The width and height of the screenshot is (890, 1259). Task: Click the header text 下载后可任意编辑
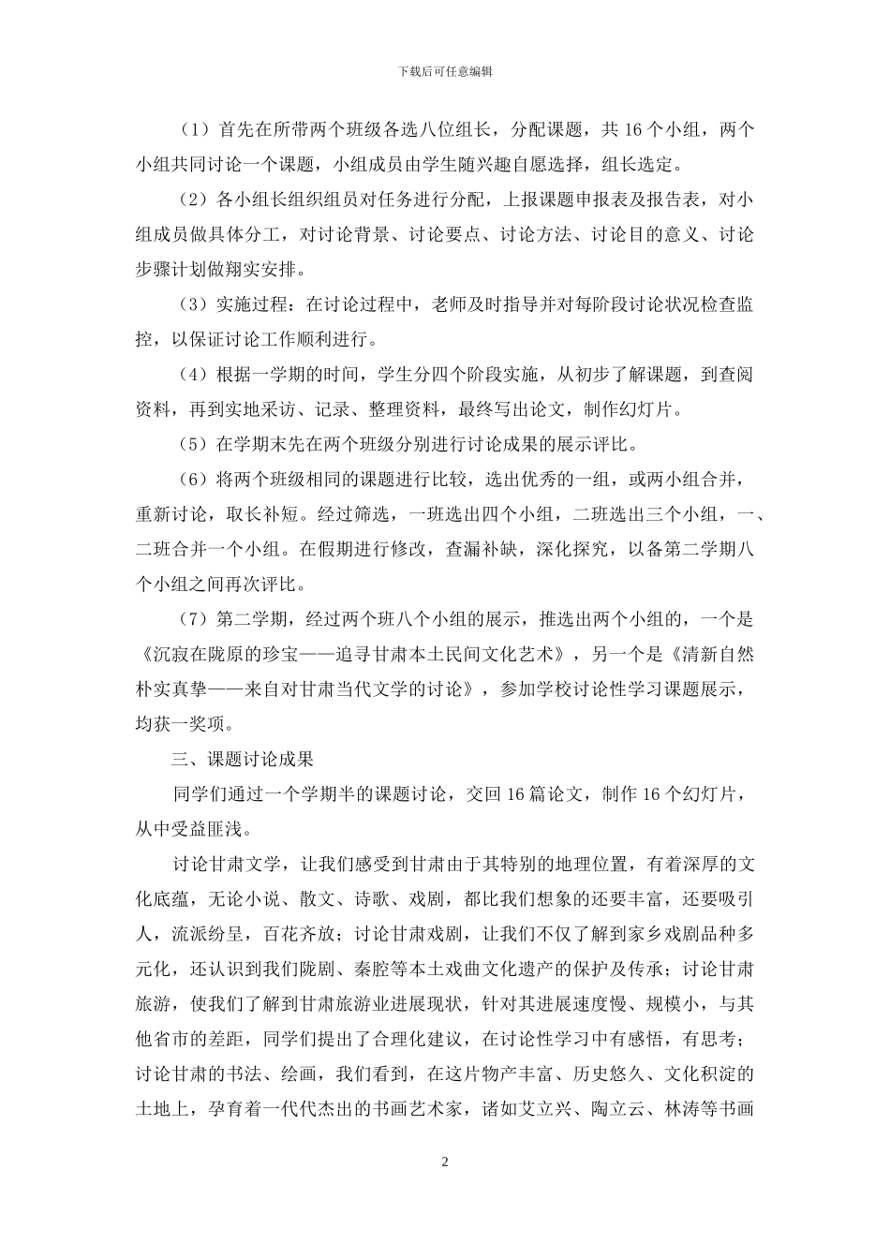[445, 71]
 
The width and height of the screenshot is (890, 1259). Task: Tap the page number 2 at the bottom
[445, 1163]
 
